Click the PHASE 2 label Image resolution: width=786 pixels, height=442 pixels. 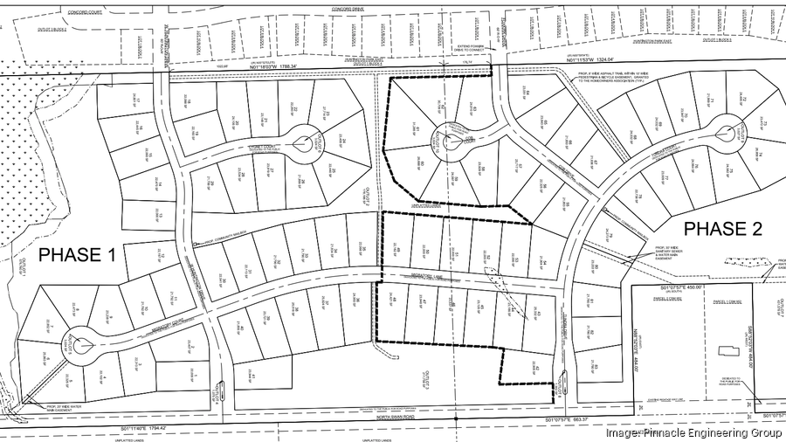pyautogui.click(x=721, y=229)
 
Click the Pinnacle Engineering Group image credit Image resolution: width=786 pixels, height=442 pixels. pyautogui.click(x=693, y=432)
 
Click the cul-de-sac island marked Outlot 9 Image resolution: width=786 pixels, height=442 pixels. pyautogui.click(x=724, y=134)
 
